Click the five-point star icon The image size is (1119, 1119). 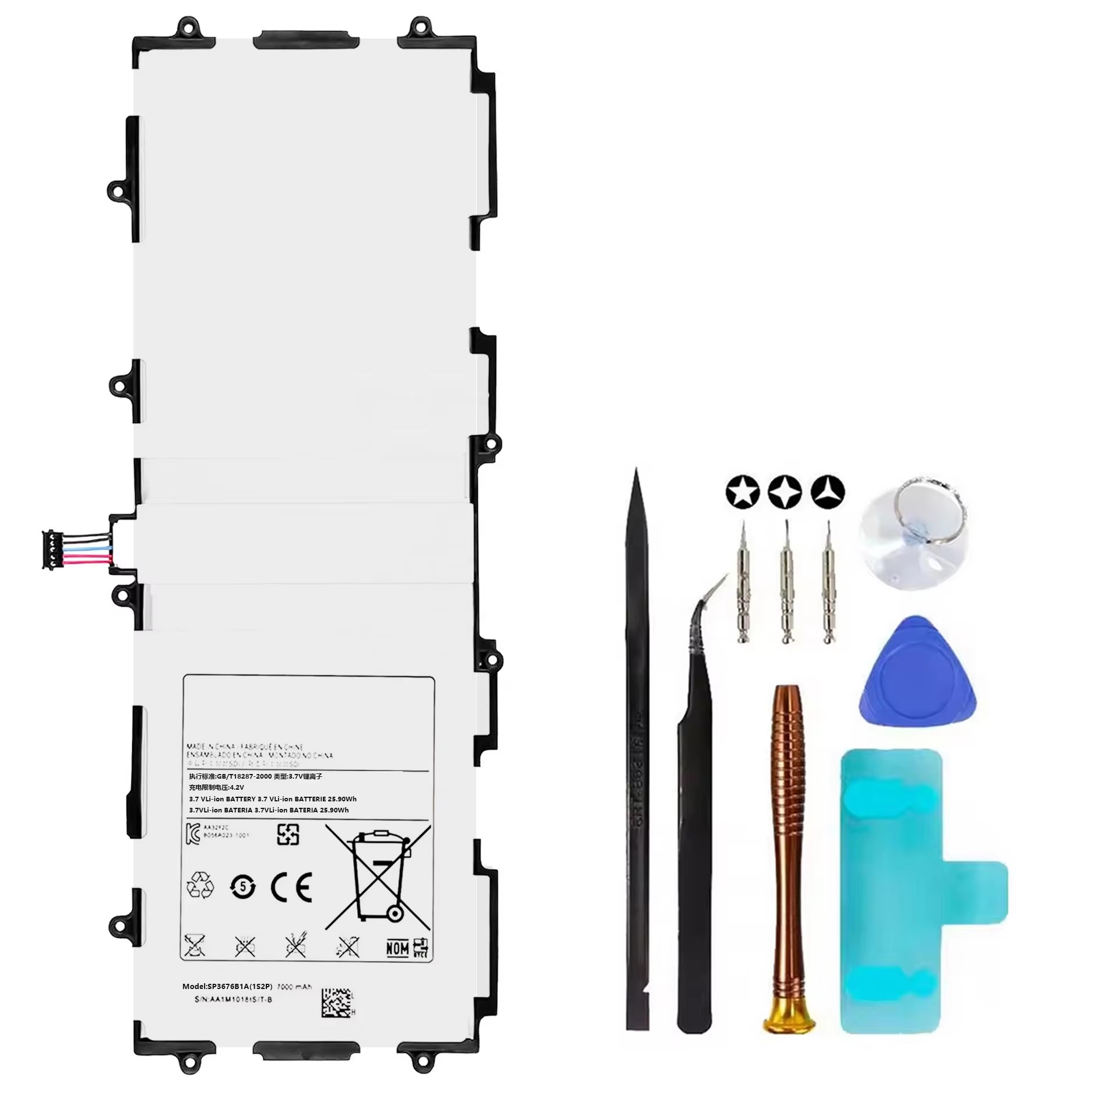click(743, 492)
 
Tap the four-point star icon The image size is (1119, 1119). click(785, 492)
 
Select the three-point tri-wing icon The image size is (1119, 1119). click(828, 492)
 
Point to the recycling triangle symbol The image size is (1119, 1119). click(200, 887)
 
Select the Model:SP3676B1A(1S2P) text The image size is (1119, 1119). click(227, 987)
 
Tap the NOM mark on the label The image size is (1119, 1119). click(397, 949)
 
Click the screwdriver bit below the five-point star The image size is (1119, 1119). click(743, 583)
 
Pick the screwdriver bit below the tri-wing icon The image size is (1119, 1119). click(828, 583)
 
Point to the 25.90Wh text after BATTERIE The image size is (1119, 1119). click(343, 799)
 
